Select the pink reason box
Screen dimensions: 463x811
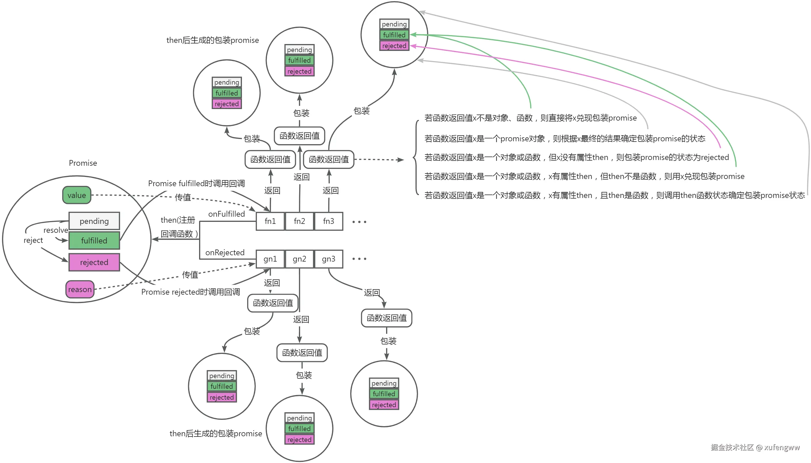tap(80, 289)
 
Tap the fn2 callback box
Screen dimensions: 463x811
tap(299, 221)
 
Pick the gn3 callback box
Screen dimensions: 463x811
tap(329, 259)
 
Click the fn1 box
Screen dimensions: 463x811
tap(270, 221)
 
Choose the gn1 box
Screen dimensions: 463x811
tap(270, 259)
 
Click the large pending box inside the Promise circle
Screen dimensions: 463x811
tap(94, 221)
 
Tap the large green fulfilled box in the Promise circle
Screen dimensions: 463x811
tap(94, 240)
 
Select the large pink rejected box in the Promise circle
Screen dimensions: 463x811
tap(94, 262)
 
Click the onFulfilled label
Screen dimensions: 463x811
tap(226, 214)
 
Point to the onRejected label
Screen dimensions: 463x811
tap(225, 252)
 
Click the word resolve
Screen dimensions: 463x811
tap(56, 230)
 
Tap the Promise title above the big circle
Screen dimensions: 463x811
tap(83, 163)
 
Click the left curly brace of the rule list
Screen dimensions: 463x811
tap(415, 157)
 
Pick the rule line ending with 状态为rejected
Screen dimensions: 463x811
tap(576, 157)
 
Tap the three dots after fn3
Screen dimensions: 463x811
tap(359, 222)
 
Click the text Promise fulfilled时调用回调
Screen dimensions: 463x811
tap(196, 184)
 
